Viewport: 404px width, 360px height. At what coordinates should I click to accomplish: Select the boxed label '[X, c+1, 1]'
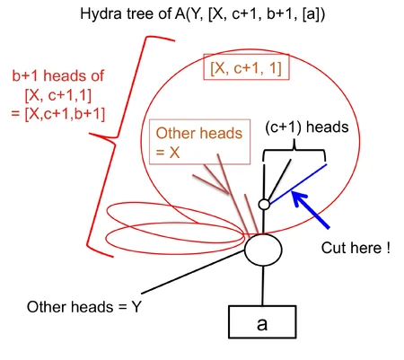(245, 68)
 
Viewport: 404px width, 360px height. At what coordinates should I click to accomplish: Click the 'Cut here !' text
(355, 247)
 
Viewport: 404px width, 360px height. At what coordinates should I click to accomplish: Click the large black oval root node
(263, 248)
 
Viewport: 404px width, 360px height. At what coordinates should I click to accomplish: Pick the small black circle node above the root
(264, 206)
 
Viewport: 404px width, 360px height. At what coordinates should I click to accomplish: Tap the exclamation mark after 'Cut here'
(387, 247)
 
